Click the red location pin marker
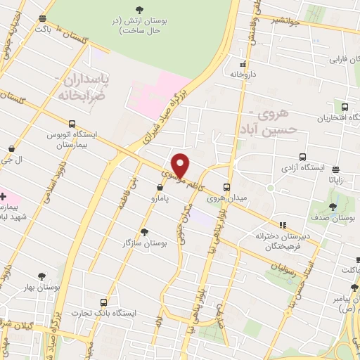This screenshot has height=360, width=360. (181, 165)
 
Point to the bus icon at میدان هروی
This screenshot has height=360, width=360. (226, 187)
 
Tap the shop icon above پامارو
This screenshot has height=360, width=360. (161, 188)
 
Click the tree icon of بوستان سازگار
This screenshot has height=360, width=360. (144, 231)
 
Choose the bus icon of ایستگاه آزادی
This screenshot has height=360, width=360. (302, 157)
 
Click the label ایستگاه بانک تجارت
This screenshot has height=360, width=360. (111, 313)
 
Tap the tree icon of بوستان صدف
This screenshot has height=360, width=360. (333, 207)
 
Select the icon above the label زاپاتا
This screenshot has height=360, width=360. (335, 169)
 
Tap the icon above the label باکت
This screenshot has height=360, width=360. (44, 18)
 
